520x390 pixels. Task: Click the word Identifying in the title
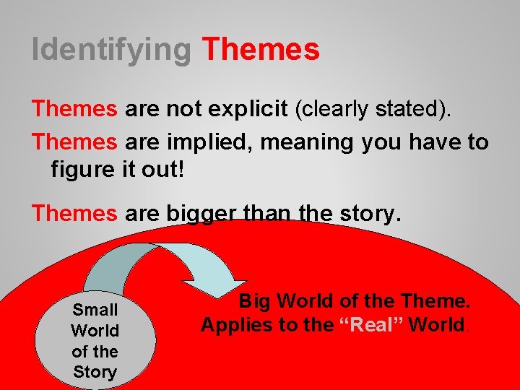coord(112,50)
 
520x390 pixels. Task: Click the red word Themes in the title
coord(261,50)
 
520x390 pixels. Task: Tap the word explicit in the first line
coord(250,110)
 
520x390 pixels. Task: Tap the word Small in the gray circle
coord(95,310)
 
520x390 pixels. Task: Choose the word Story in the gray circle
coord(95,372)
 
